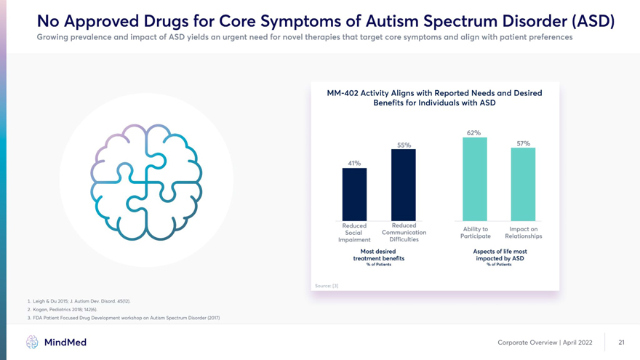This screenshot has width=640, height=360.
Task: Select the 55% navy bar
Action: pyautogui.click(x=403, y=184)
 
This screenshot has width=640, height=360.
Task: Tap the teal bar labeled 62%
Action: pyautogui.click(x=474, y=178)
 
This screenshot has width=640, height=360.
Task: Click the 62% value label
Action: pyautogui.click(x=473, y=132)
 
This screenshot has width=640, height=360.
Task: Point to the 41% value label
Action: pyautogui.click(x=354, y=163)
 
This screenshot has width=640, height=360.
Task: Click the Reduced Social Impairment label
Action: pyautogui.click(x=354, y=233)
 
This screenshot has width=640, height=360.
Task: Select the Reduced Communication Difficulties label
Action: pyautogui.click(x=404, y=232)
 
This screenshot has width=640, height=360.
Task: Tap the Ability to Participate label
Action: pyautogui.click(x=475, y=233)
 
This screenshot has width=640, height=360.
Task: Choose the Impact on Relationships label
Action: pyautogui.click(x=523, y=233)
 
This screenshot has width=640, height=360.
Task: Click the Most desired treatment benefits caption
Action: pyautogui.click(x=378, y=255)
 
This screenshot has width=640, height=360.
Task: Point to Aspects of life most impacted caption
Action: pyautogui.click(x=499, y=255)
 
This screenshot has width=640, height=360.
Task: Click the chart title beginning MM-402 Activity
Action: pyautogui.click(x=434, y=98)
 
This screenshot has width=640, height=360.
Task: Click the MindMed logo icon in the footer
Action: pyautogui.click(x=32, y=342)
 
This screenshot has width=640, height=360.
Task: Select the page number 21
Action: pyautogui.click(x=621, y=343)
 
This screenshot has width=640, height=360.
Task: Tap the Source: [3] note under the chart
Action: pyautogui.click(x=326, y=286)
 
